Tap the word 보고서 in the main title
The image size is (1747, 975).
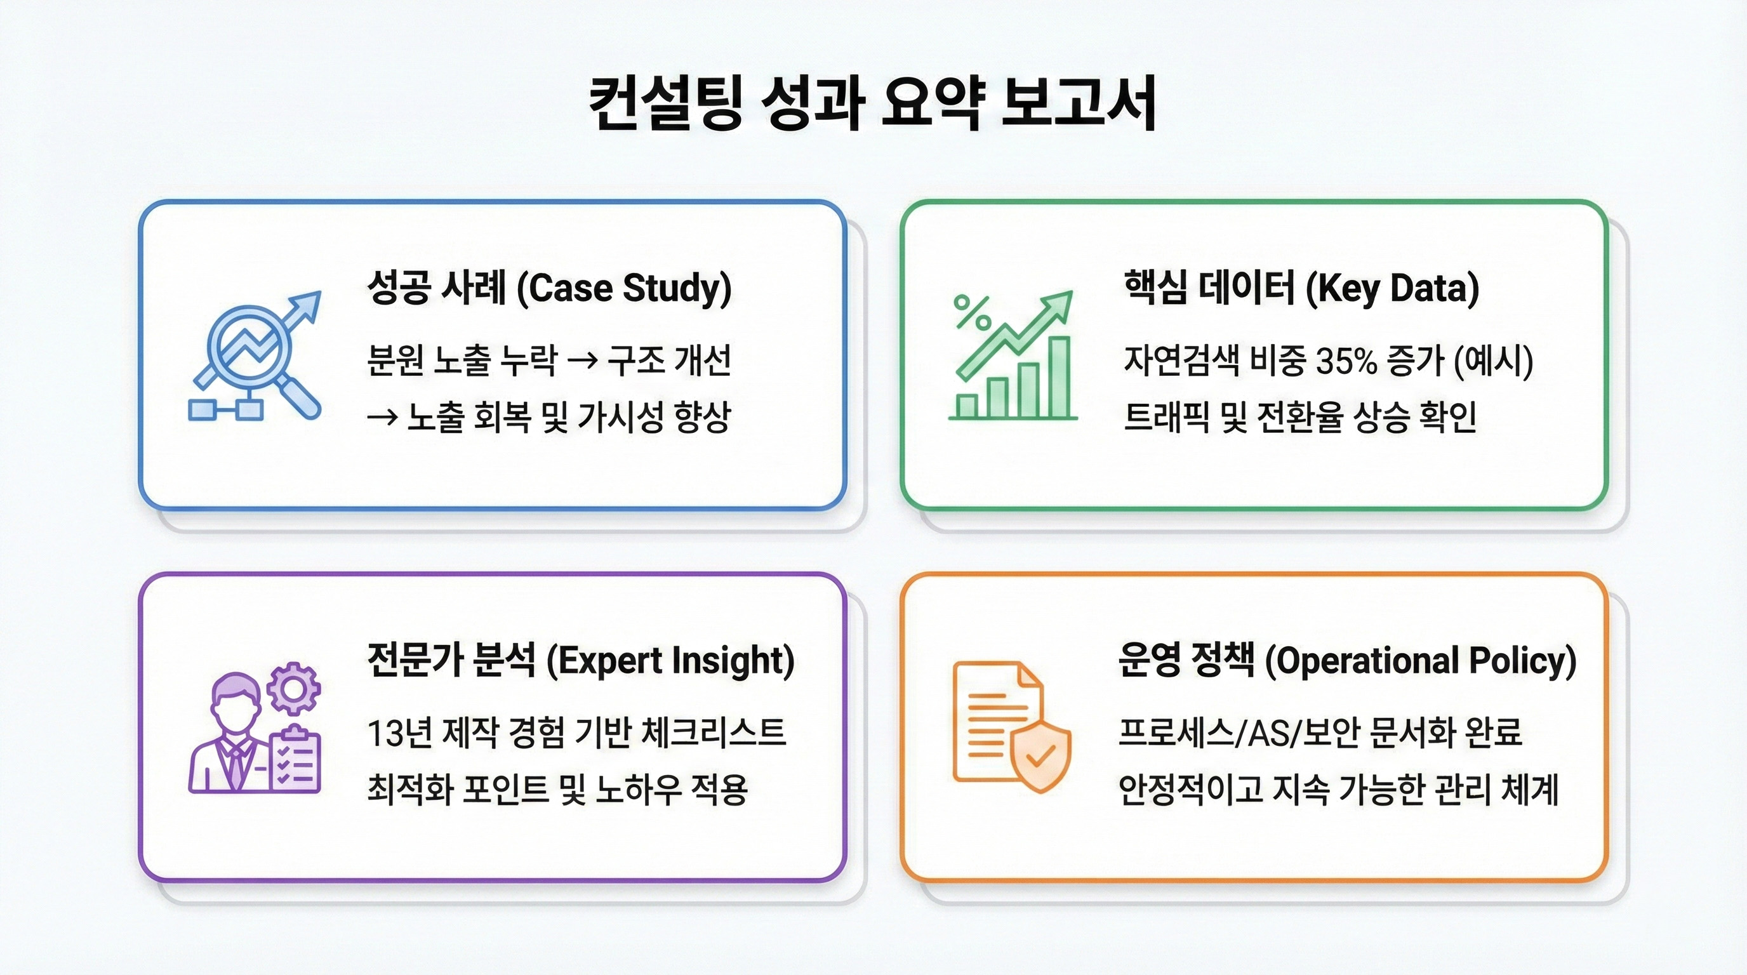[x=1079, y=103]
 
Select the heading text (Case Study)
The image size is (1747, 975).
[x=624, y=289]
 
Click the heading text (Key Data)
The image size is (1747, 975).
[x=1392, y=289]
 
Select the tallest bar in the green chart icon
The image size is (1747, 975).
[x=1059, y=377]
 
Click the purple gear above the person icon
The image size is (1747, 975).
[x=293, y=688]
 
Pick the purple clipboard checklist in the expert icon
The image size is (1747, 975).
[x=295, y=760]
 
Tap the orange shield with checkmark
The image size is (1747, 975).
[x=1040, y=755]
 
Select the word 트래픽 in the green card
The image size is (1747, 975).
[x=1167, y=418]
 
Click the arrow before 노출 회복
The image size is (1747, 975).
[x=382, y=418]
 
